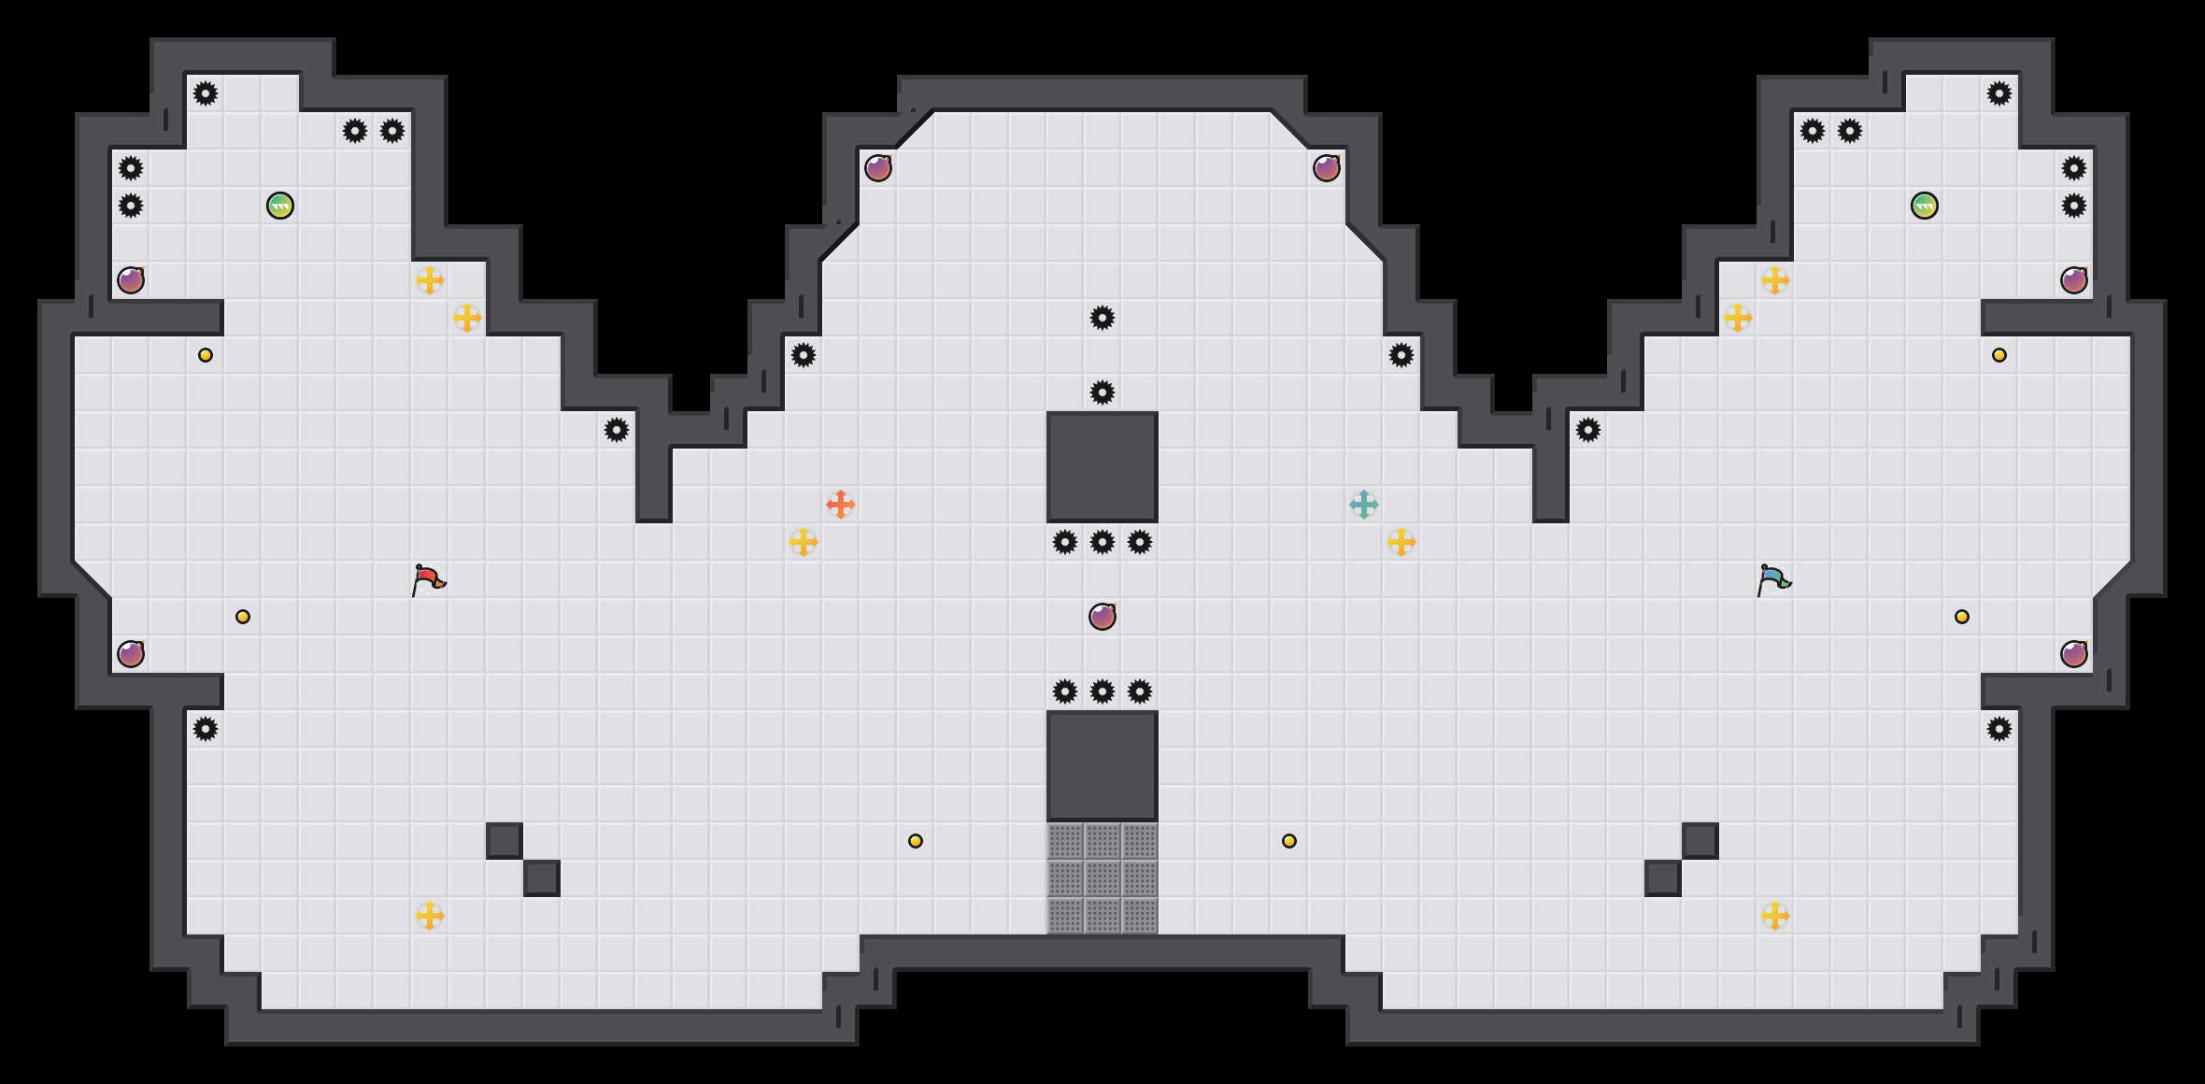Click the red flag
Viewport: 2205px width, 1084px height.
(428, 579)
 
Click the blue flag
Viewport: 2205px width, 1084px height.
(1773, 579)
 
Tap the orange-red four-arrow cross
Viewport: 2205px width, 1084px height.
(841, 505)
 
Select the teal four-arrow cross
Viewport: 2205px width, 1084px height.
(1364, 505)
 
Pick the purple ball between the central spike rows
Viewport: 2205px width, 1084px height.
(1102, 617)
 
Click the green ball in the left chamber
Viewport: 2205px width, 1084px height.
(280, 206)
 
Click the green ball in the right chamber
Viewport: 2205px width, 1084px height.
(1925, 206)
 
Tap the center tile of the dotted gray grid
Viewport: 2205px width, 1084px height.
(1102, 878)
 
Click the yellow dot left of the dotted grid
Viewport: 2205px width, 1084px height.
(916, 841)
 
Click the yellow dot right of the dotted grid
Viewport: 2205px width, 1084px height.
(1289, 841)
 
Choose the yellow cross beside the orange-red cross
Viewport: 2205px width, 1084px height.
(804, 542)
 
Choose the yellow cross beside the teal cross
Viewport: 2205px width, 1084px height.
(1401, 542)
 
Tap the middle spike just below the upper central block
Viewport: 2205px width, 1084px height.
(1102, 542)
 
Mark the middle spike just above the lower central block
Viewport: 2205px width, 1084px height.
(1102, 692)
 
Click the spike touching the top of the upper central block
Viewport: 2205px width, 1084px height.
(1102, 392)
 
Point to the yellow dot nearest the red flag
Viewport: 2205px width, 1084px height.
(243, 617)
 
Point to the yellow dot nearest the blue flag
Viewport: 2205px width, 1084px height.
(1962, 617)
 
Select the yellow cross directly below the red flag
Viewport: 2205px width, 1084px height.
(430, 916)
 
